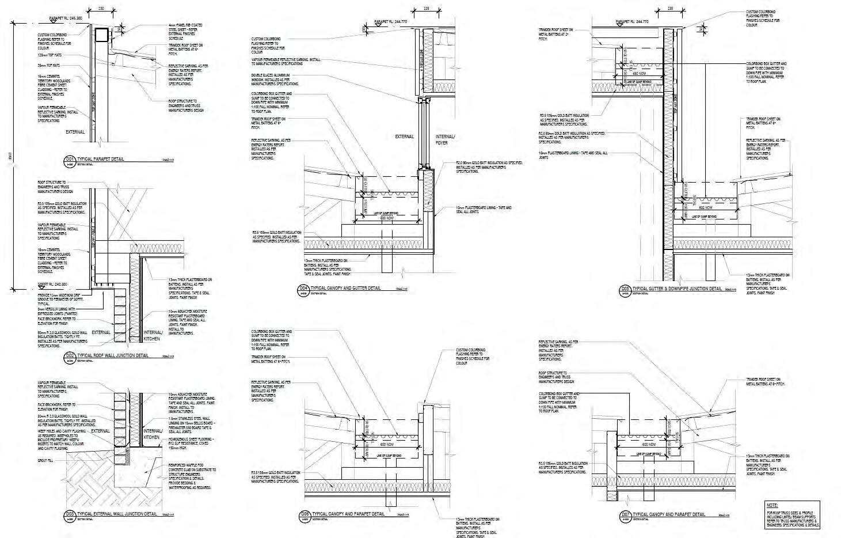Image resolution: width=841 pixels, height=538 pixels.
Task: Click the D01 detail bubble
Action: [x=70, y=160]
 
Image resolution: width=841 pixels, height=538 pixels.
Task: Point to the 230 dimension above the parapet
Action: [x=102, y=9]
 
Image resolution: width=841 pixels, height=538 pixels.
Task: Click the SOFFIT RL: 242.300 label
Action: [x=52, y=285]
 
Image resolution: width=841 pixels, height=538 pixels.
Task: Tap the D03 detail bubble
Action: [x=70, y=514]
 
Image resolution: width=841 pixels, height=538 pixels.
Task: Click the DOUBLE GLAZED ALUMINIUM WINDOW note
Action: [x=271, y=79]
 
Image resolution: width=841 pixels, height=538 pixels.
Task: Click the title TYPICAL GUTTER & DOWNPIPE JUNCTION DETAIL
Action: [x=677, y=288]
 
